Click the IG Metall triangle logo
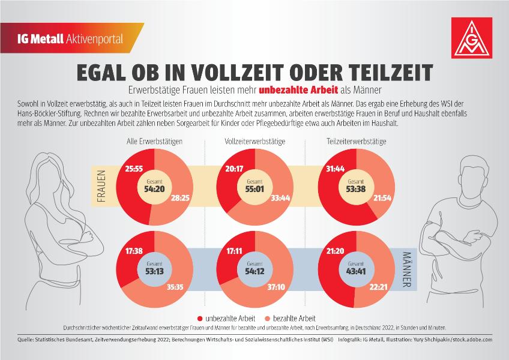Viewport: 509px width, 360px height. [x=472, y=38]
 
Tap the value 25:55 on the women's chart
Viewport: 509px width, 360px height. [x=134, y=169]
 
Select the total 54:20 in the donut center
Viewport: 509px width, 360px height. [x=154, y=189]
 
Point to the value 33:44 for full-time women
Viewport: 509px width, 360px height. [x=280, y=197]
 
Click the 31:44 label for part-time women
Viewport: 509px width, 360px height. [x=336, y=169]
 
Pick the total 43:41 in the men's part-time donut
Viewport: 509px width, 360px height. [x=356, y=271]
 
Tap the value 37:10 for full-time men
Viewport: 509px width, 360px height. [x=276, y=287]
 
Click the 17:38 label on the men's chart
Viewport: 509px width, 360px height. [x=134, y=251]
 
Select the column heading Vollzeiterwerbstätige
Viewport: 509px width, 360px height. [x=255, y=142]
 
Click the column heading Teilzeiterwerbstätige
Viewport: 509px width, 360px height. [x=357, y=142]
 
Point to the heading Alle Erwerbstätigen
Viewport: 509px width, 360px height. [x=154, y=142]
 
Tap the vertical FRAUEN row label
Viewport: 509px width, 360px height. [x=101, y=187]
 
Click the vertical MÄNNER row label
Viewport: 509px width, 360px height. [x=407, y=270]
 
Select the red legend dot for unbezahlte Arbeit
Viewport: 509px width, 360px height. [x=200, y=319]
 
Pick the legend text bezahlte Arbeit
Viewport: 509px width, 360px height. [x=294, y=319]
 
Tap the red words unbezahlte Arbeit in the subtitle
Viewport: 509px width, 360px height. [x=298, y=90]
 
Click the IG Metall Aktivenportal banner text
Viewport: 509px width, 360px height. [x=70, y=39]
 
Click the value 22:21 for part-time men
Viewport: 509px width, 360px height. [x=379, y=287]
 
